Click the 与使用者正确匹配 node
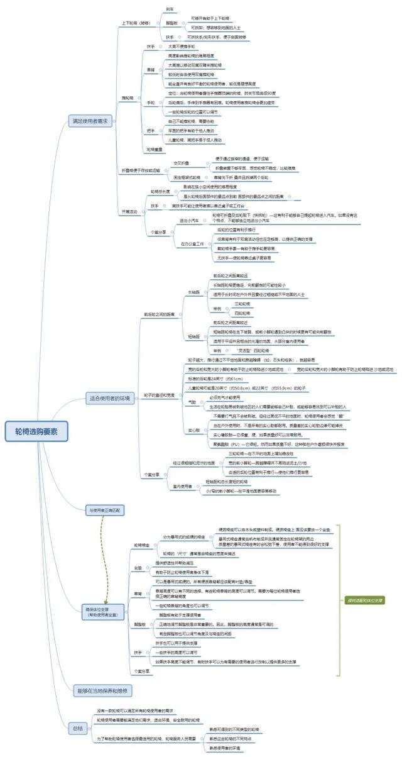coord(106,527)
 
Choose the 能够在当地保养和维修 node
coord(104,690)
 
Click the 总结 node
coord(77,728)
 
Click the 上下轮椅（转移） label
coord(136,23)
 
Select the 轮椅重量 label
coord(155,149)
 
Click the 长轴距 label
coord(193,292)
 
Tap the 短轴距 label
coord(193,337)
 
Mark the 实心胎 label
coord(193,412)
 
